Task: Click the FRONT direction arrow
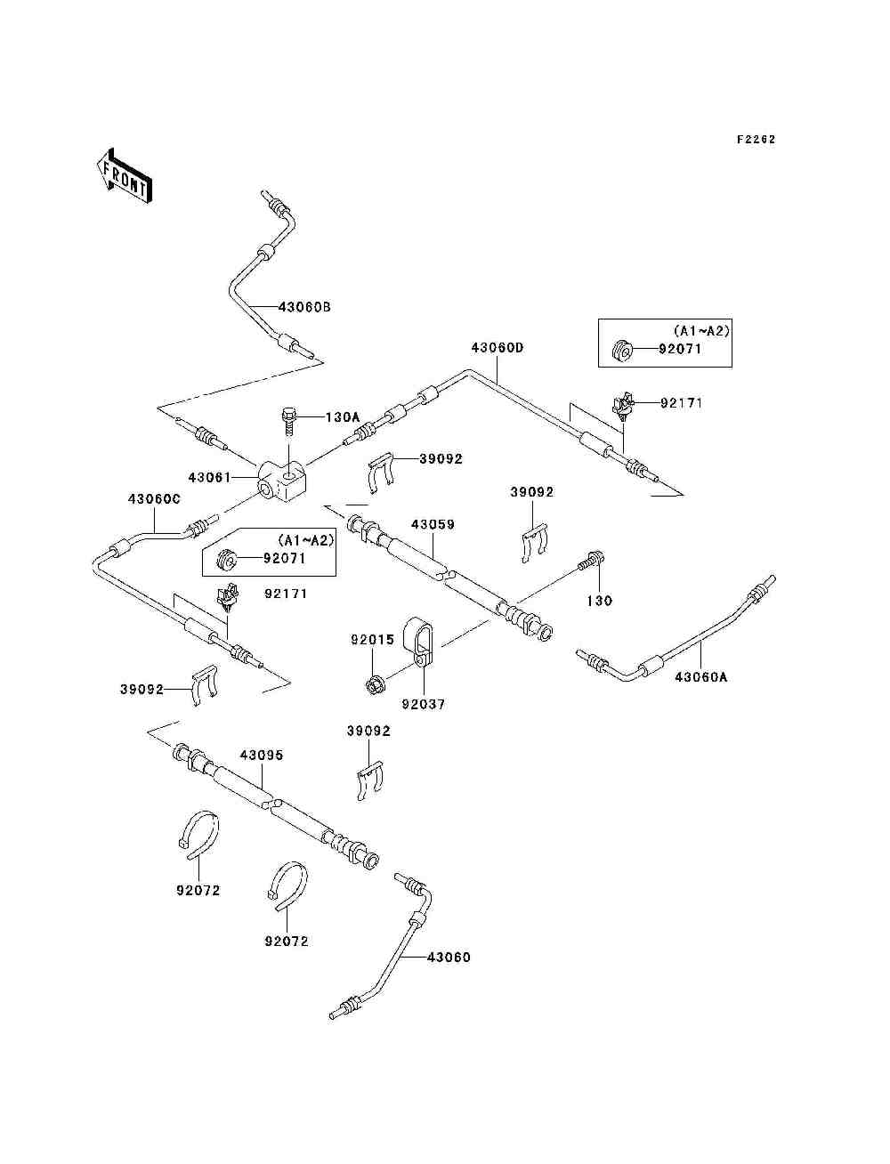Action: pos(125,176)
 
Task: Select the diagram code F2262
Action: pos(756,140)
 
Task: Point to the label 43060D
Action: pos(498,348)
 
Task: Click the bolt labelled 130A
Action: pos(289,421)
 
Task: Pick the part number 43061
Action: pos(210,477)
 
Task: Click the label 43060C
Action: pos(154,499)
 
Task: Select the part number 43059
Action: pos(433,524)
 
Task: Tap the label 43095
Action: pos(262,755)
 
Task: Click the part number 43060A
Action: pos(700,677)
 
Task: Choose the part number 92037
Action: pos(424,704)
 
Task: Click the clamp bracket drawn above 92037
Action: pos(419,641)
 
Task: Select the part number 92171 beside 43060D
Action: pos(681,403)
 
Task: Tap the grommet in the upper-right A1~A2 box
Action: pos(621,351)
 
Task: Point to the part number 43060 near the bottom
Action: pos(449,958)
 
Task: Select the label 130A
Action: pos(343,417)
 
